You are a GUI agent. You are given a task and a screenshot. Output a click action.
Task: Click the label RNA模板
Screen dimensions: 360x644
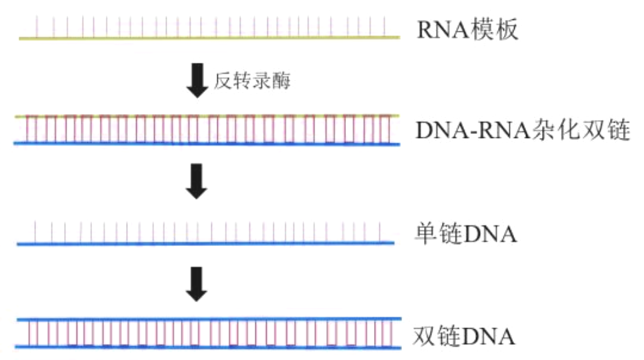(x=467, y=31)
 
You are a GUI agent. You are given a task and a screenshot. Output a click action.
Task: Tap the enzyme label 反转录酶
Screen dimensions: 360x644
(x=251, y=81)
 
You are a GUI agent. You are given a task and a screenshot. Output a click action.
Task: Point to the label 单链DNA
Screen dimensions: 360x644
(x=465, y=235)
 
